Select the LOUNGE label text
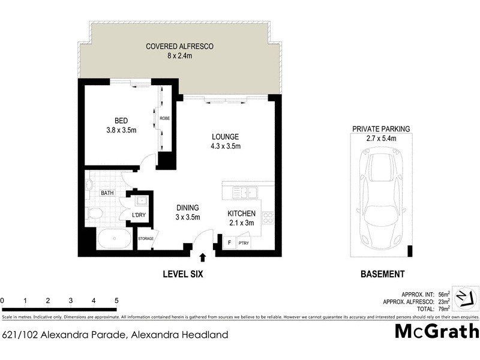(225, 136)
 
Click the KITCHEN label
(242, 214)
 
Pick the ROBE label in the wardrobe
(164, 119)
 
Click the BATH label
(107, 193)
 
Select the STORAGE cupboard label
(146, 239)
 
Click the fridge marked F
(229, 242)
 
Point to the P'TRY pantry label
(244, 243)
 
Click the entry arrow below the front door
(202, 257)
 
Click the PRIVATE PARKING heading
(381, 128)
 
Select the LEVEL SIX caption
(184, 274)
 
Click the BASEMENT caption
(382, 274)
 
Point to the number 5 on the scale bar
(116, 301)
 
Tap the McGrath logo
(436, 331)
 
